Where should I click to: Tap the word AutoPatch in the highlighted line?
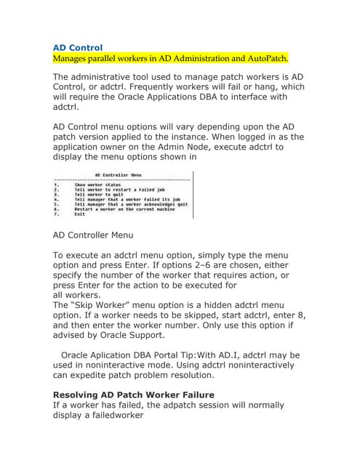pos(265,58)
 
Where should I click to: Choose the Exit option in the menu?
pos(79,214)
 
